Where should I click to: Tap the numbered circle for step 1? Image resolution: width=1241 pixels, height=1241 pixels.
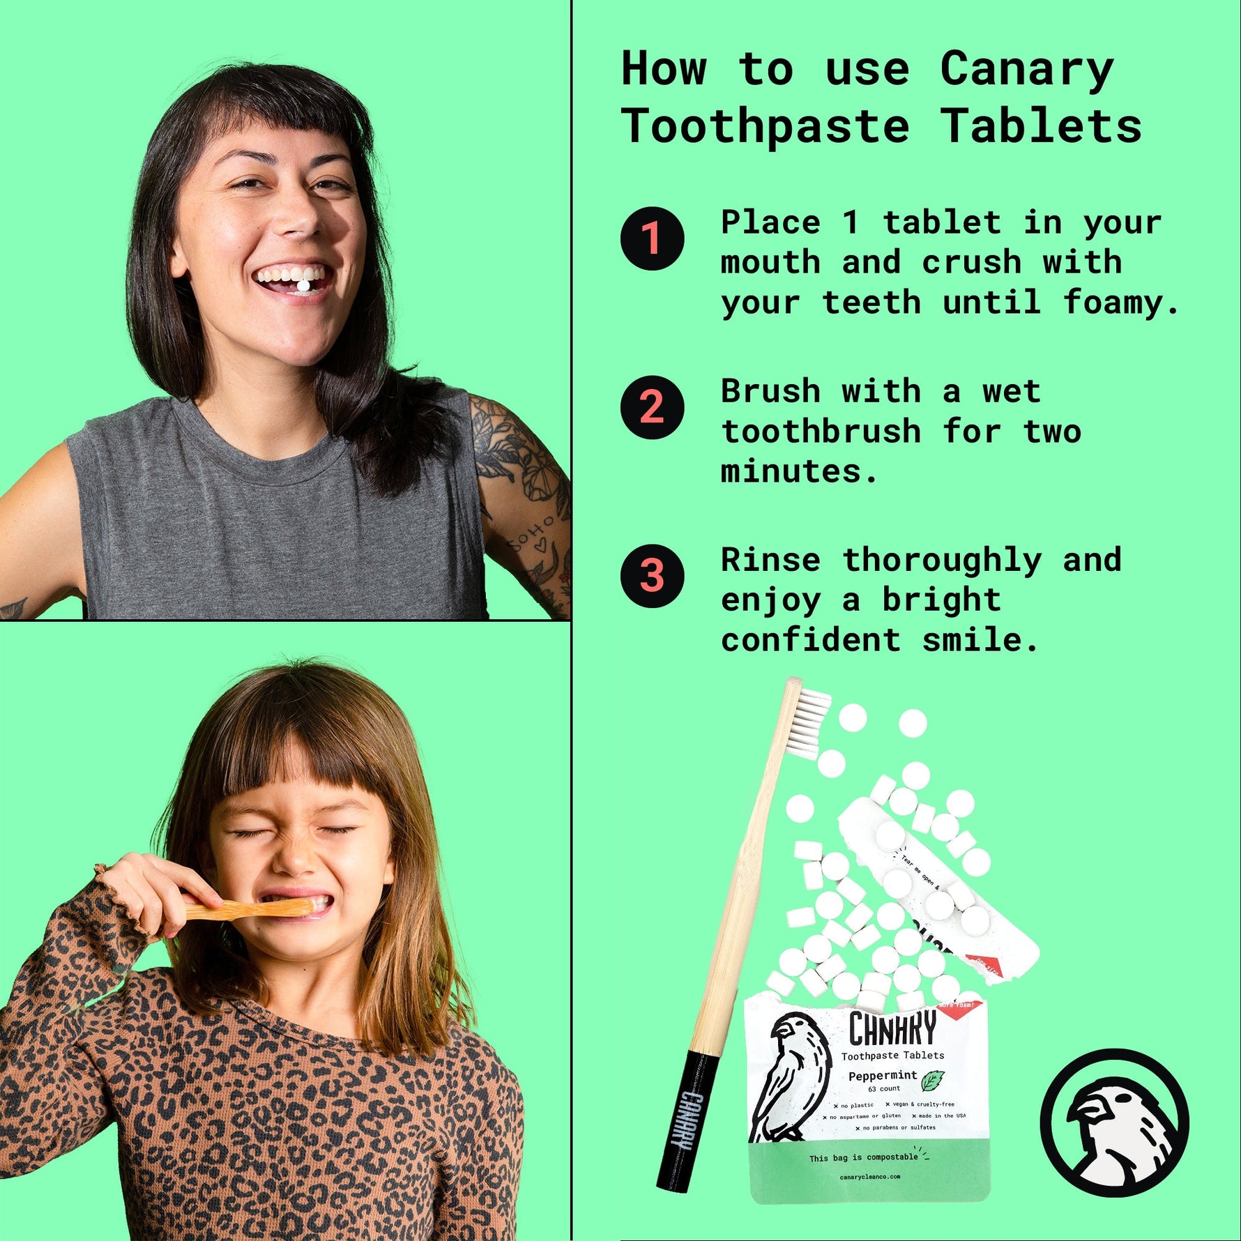point(652,238)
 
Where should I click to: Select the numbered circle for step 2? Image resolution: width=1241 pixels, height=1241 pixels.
point(652,407)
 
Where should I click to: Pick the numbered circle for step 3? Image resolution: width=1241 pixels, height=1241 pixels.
point(652,576)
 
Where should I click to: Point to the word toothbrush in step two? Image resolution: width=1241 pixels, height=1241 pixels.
point(821,432)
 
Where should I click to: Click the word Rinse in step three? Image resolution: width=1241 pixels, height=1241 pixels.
point(770,561)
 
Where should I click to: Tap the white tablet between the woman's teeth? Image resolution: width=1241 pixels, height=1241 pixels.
point(305,285)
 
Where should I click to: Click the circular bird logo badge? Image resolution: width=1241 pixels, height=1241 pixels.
point(1114,1122)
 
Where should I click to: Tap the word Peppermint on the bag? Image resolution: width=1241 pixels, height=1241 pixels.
point(882,1076)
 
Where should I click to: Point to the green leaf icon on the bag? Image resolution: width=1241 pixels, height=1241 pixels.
point(932,1081)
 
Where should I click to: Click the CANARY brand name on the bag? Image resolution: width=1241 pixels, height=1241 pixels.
point(892,1029)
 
